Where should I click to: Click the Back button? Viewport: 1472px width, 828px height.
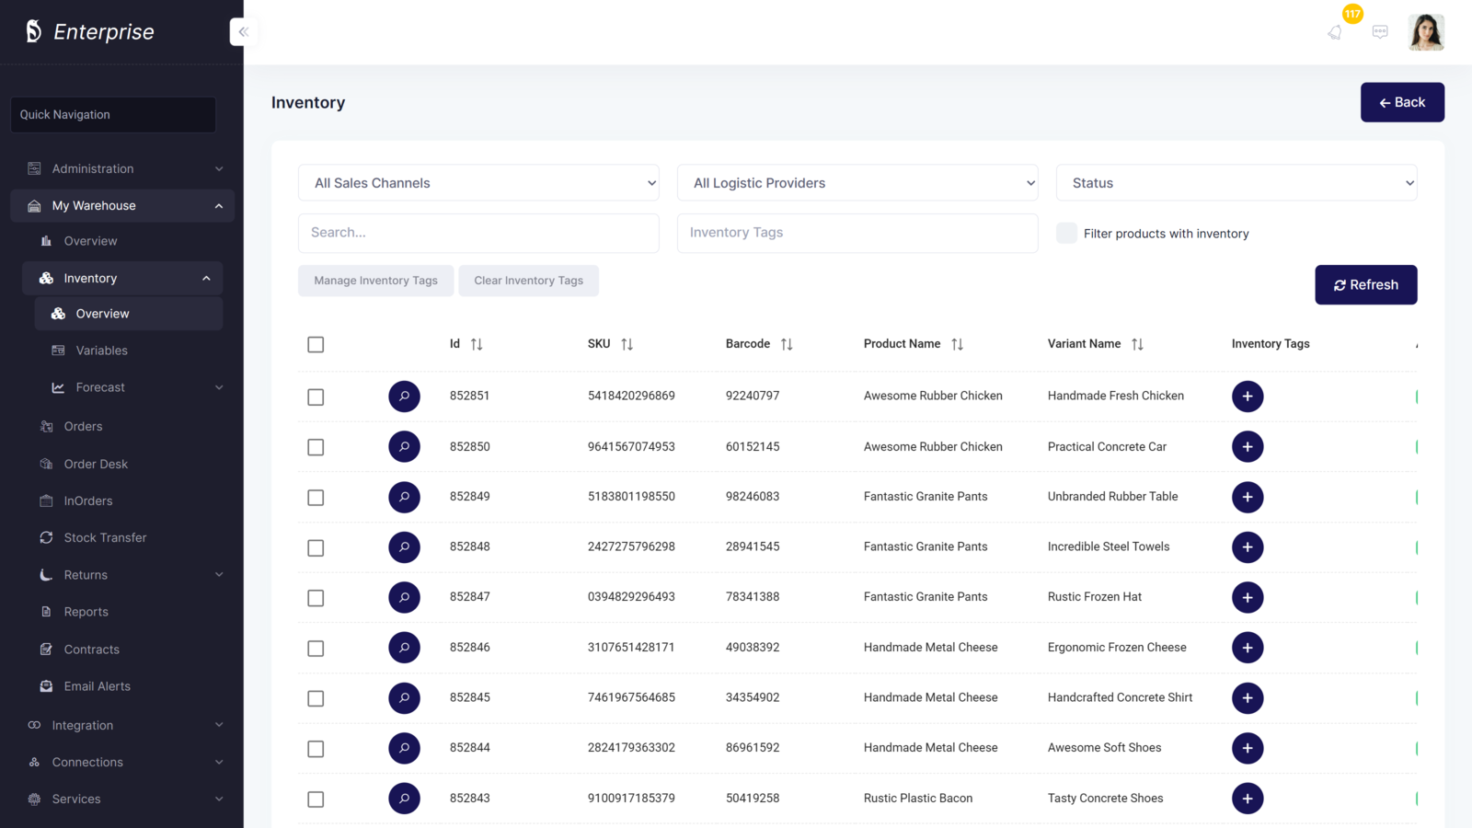pyautogui.click(x=1401, y=102)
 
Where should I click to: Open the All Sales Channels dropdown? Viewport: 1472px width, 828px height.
pyautogui.click(x=478, y=183)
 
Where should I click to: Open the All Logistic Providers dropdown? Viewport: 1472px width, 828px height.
pyautogui.click(x=857, y=183)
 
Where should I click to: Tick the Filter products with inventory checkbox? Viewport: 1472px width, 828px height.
pyautogui.click(x=1066, y=233)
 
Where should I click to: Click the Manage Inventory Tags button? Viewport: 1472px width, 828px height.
pyautogui.click(x=375, y=281)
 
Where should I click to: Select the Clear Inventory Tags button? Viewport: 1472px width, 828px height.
pyautogui.click(x=528, y=281)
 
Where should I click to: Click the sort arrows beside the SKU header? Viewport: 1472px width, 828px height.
pyautogui.click(x=627, y=344)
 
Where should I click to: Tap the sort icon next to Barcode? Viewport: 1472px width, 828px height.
pyautogui.click(x=787, y=344)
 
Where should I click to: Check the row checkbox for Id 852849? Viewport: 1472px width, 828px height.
pyautogui.click(x=316, y=498)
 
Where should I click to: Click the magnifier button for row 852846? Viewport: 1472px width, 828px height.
pyautogui.click(x=404, y=648)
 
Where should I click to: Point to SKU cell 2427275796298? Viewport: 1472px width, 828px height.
pyautogui.click(x=631, y=546)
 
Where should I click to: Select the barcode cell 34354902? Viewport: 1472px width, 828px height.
pyautogui.click(x=752, y=697)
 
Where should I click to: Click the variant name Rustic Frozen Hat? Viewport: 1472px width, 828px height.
pyautogui.click(x=1094, y=597)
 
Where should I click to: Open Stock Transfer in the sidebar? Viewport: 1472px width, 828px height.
pyautogui.click(x=105, y=537)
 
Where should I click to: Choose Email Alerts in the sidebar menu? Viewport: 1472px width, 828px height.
pyautogui.click(x=97, y=686)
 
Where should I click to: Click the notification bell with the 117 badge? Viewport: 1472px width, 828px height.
pyautogui.click(x=1335, y=32)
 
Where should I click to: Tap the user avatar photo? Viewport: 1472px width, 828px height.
pyautogui.click(x=1425, y=32)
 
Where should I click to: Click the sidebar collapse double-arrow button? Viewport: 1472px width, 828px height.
pyautogui.click(x=244, y=32)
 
